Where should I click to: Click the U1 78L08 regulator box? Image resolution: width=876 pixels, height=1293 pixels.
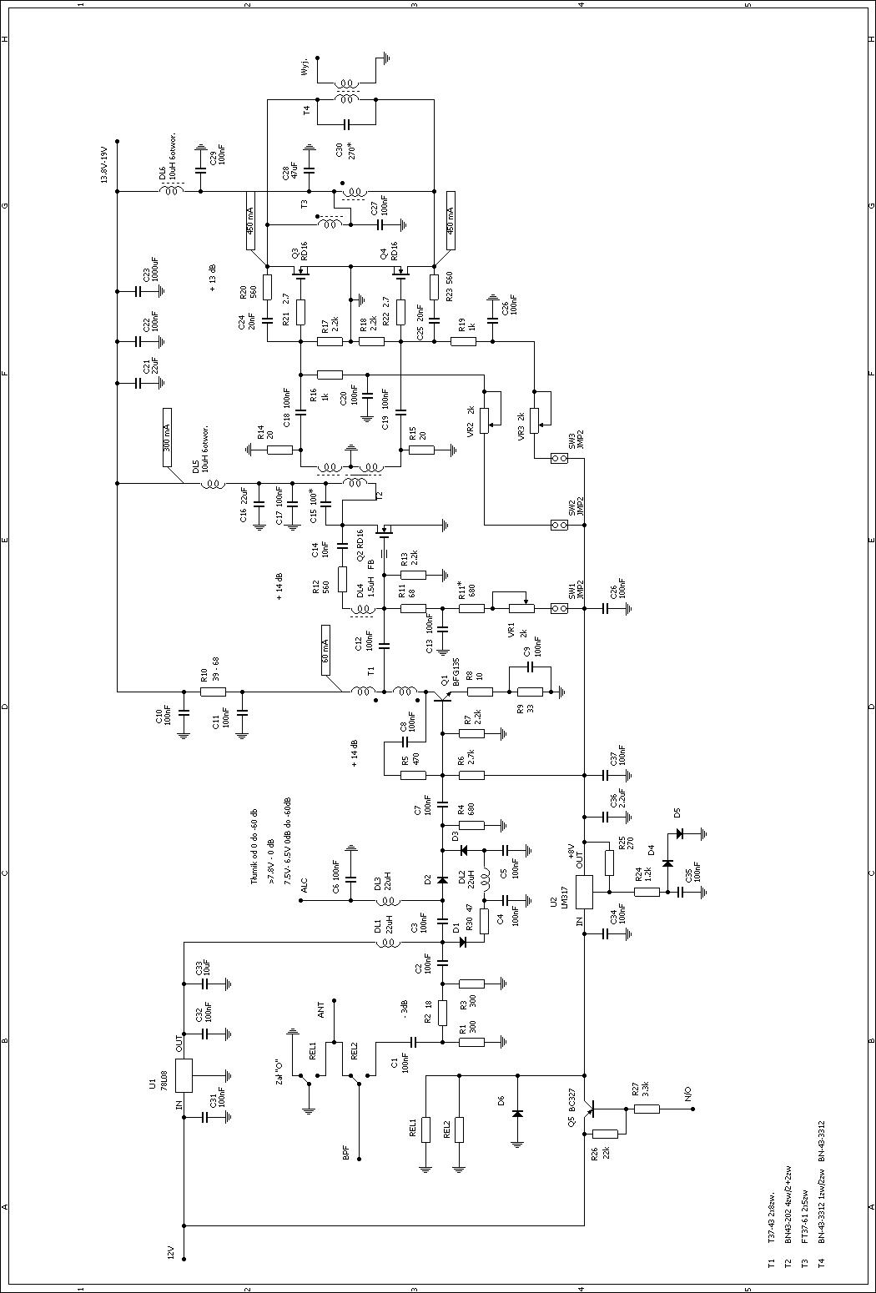[x=184, y=1075]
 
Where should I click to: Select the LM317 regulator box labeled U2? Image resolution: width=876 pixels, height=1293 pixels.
[x=584, y=892]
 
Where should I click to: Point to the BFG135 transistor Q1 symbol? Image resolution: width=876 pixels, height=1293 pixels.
[x=439, y=692]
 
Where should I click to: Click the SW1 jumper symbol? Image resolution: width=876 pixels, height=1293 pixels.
[x=560, y=608]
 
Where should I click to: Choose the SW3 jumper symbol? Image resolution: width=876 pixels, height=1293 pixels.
[x=560, y=459]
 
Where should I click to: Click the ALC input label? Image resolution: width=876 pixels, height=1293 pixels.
[x=305, y=884]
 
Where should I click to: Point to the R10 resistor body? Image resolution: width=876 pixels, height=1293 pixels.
[x=213, y=692]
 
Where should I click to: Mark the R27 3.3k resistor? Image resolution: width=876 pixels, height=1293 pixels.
[x=647, y=1109]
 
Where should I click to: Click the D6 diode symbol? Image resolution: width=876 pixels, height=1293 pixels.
[x=517, y=1113]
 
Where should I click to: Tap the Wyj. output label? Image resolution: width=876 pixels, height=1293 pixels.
[x=305, y=66]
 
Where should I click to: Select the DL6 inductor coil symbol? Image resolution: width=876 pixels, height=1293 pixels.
[x=173, y=191]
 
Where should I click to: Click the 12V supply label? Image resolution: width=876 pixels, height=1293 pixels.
[x=170, y=1252]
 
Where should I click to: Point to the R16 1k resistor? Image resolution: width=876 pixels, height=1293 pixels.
[x=330, y=375]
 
